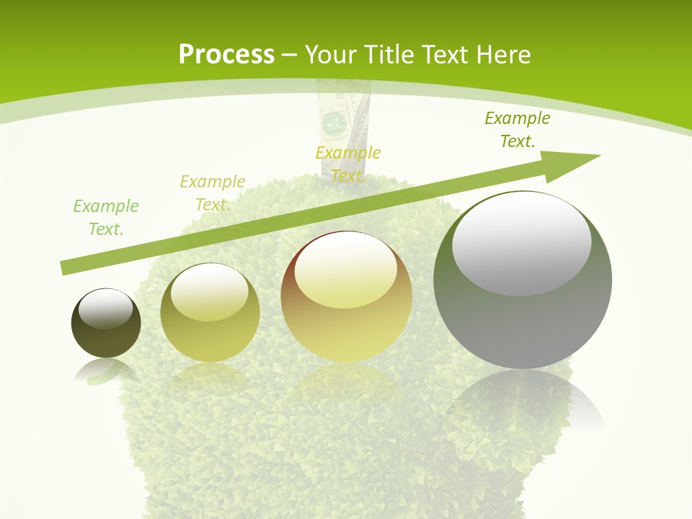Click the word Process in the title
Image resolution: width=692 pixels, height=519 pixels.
pos(226,55)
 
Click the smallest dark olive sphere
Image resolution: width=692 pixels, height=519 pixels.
pos(106,324)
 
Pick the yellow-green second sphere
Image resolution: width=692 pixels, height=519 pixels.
pos(210,312)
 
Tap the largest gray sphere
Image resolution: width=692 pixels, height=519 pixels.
pos(523,280)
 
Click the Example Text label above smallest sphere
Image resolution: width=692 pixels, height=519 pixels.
pos(106,217)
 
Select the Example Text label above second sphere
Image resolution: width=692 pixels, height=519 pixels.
pos(212,192)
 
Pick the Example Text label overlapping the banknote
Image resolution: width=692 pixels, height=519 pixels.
pos(348,164)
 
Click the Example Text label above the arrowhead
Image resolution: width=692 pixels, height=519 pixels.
pos(517,129)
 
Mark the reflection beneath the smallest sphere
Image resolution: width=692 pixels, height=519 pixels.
pos(105,371)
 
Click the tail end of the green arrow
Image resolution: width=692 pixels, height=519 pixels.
pos(66,268)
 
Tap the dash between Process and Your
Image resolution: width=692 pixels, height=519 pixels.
pos(290,55)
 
